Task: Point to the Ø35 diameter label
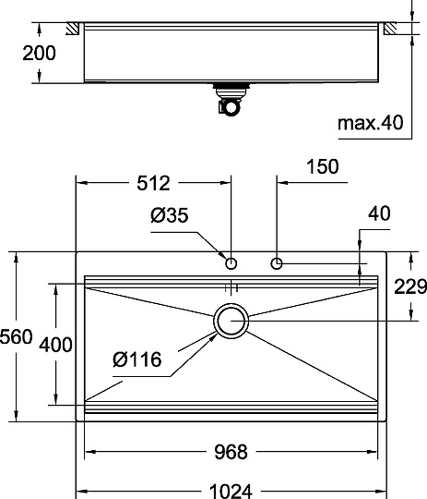[x=168, y=217]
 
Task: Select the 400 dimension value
[x=56, y=346]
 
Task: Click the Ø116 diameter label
[x=138, y=359]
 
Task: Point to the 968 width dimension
[x=231, y=452]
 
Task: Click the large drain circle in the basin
[x=231, y=321]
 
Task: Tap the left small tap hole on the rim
[x=231, y=263]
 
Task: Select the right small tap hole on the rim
[x=277, y=264]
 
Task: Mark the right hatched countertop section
[x=393, y=30]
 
